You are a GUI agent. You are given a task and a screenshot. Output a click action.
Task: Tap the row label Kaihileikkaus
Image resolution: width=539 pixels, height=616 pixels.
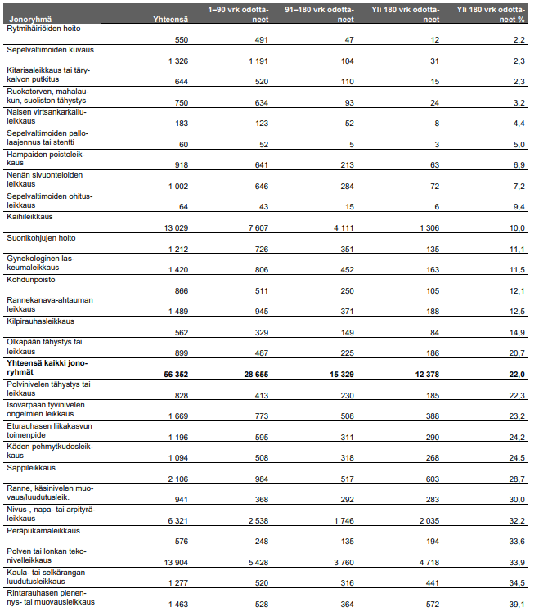point(29,217)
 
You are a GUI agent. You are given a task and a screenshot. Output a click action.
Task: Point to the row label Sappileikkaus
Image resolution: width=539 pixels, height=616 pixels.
point(30,467)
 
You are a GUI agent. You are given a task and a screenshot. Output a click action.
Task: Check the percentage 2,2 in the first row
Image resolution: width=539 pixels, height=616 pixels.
point(515,40)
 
